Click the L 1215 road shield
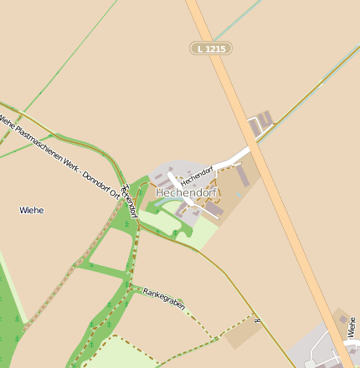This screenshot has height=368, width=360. pos(210,49)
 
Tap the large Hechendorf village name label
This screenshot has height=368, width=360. pos(186,192)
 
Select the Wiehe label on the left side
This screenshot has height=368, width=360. pos(31,210)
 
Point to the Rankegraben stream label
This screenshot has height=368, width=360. pos(163,297)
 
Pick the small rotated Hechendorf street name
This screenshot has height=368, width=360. pos(198,171)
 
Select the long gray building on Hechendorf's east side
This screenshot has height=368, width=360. pos(242,175)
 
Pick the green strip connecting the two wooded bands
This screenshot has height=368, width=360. pos(105,271)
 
